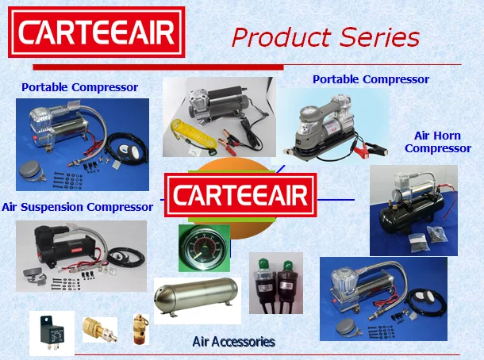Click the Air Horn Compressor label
pyautogui.click(x=443, y=142)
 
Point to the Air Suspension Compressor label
pyautogui.click(x=77, y=207)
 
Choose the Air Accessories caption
pyautogui.click(x=233, y=342)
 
